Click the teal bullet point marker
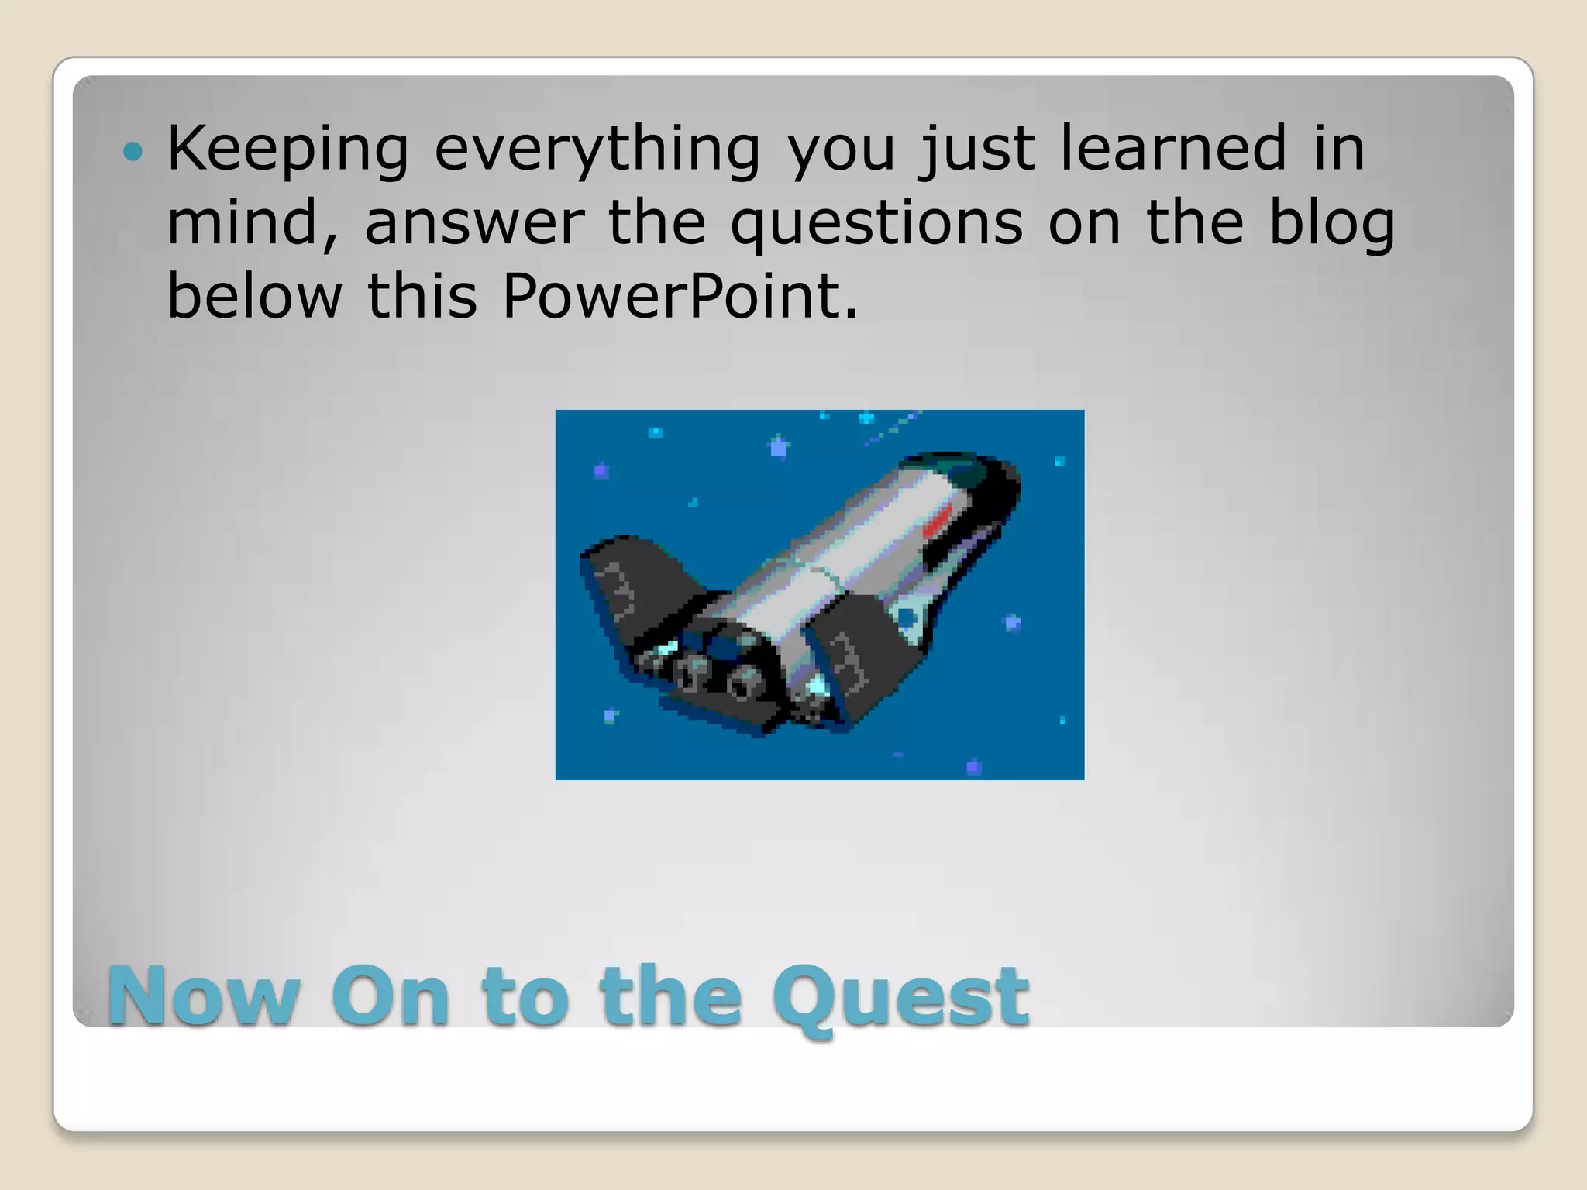coord(133,151)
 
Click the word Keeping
coord(287,149)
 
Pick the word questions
coord(876,225)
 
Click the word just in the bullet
coord(977,149)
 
